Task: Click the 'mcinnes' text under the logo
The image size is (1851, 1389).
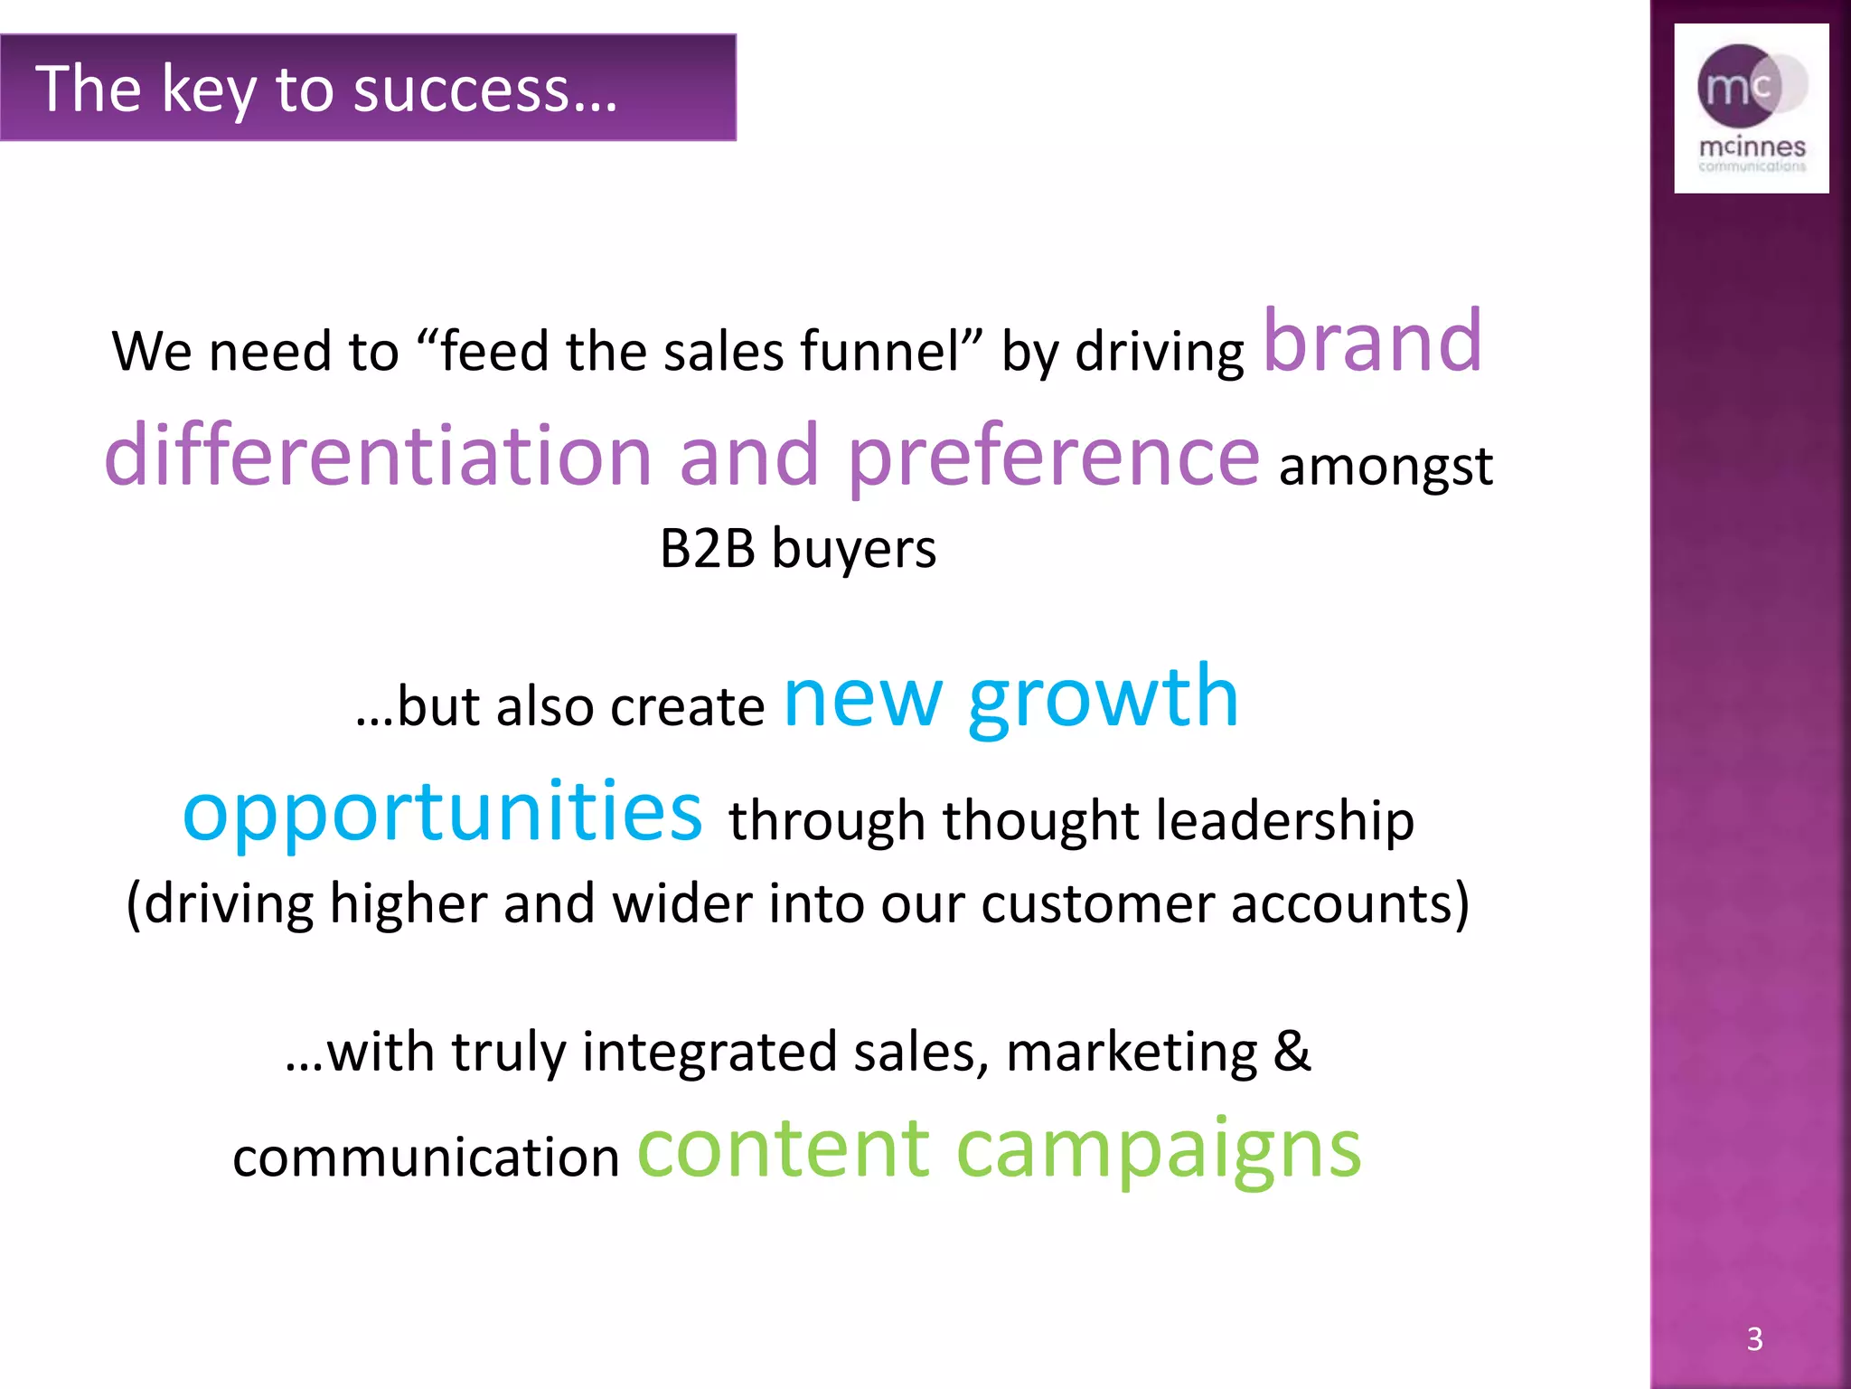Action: (1752, 146)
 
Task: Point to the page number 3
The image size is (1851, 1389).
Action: (1754, 1339)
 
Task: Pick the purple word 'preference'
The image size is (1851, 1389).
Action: (1053, 457)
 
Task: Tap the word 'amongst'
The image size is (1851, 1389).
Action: (1386, 467)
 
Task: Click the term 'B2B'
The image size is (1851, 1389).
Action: (708, 548)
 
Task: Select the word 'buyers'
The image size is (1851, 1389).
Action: (854, 550)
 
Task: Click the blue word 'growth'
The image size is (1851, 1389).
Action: (1103, 698)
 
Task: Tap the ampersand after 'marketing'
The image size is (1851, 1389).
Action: (1292, 1051)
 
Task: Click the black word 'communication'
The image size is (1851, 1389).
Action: (426, 1157)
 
